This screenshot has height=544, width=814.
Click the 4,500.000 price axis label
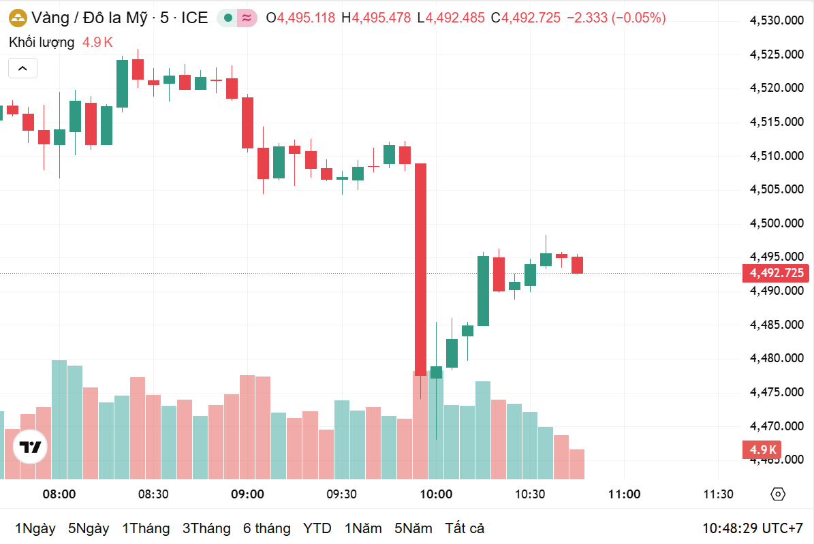pyautogui.click(x=777, y=223)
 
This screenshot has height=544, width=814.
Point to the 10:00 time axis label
pyautogui.click(x=436, y=494)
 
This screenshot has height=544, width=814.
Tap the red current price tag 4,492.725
pyautogui.click(x=777, y=274)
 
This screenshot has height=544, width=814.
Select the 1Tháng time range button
pyautogui.click(x=146, y=528)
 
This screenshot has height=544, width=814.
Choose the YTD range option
pyautogui.click(x=317, y=528)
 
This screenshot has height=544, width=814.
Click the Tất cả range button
pyautogui.click(x=465, y=528)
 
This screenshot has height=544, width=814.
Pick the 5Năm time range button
pyautogui.click(x=413, y=528)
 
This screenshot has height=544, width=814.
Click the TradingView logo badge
pyautogui.click(x=30, y=447)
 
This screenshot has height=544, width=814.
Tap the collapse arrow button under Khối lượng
pyautogui.click(x=22, y=68)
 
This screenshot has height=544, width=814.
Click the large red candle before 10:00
pyautogui.click(x=421, y=269)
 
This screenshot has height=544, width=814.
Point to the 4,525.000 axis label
pyautogui.click(x=777, y=54)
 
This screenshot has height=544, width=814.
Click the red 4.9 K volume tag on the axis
pyautogui.click(x=762, y=449)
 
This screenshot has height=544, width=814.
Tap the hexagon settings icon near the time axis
pyautogui.click(x=779, y=494)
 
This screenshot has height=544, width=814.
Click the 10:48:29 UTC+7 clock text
pyautogui.click(x=753, y=528)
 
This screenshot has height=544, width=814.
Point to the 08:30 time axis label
pyautogui.click(x=153, y=494)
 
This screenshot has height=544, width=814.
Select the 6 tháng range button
pyautogui.click(x=266, y=528)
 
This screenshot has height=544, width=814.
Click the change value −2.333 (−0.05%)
pyautogui.click(x=616, y=18)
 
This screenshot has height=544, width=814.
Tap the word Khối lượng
pyautogui.click(x=42, y=42)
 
